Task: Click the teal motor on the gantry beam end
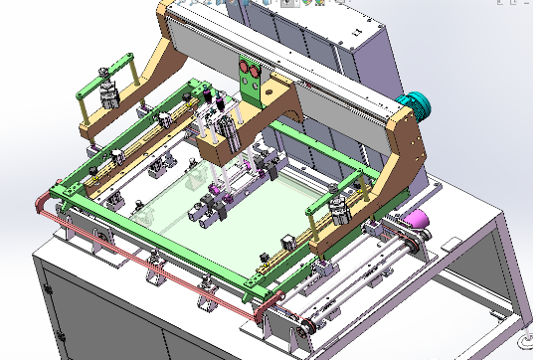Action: pos(412,102)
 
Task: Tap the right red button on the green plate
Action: pos(257,74)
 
